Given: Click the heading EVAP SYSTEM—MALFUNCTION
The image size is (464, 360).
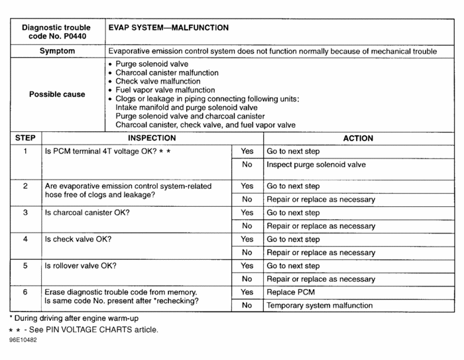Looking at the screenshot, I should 168,29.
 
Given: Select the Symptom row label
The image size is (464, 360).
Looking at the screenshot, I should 57,51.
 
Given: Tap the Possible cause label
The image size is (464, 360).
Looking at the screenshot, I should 57,94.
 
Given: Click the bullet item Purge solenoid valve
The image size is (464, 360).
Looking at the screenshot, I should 147,64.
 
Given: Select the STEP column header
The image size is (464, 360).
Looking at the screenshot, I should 25,139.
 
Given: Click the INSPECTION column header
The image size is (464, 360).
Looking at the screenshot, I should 152,139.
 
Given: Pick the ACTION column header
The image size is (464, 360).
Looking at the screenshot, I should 358,139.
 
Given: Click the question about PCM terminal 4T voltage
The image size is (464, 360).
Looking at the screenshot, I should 108,152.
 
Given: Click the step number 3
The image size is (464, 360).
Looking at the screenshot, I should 25,213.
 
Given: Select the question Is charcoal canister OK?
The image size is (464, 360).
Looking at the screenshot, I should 87,213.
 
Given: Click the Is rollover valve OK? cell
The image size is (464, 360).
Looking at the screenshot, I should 81,266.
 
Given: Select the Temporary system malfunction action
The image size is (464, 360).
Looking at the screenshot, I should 320,306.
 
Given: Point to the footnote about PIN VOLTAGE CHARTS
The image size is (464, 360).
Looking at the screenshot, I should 84,330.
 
